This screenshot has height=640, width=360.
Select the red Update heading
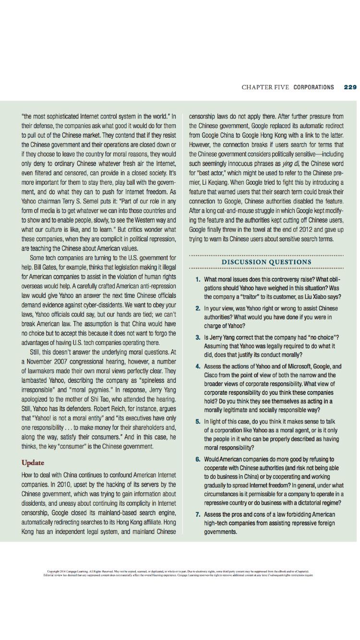click(x=33, y=462)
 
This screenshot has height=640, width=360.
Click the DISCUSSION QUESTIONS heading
click(x=266, y=262)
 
